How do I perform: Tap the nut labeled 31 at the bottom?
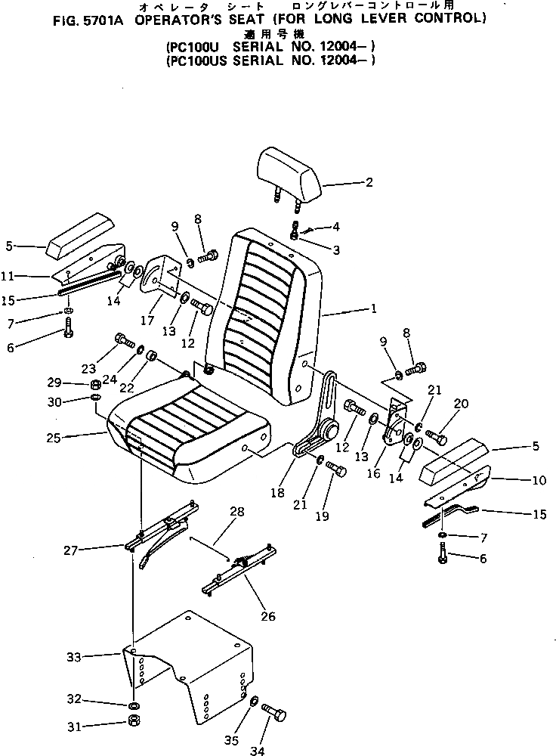[x=133, y=727]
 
